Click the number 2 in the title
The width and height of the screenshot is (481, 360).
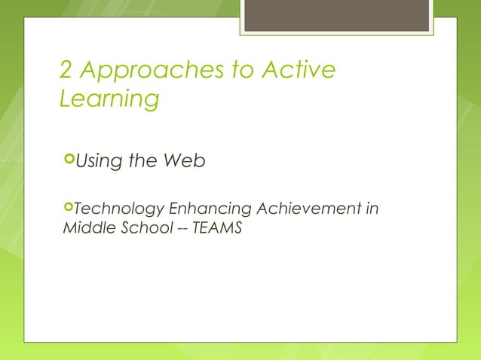[x=66, y=71]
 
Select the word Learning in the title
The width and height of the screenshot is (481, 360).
[x=109, y=99]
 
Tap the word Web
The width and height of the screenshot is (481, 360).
[x=185, y=160]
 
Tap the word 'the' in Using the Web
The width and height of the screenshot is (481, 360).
[x=144, y=160]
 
